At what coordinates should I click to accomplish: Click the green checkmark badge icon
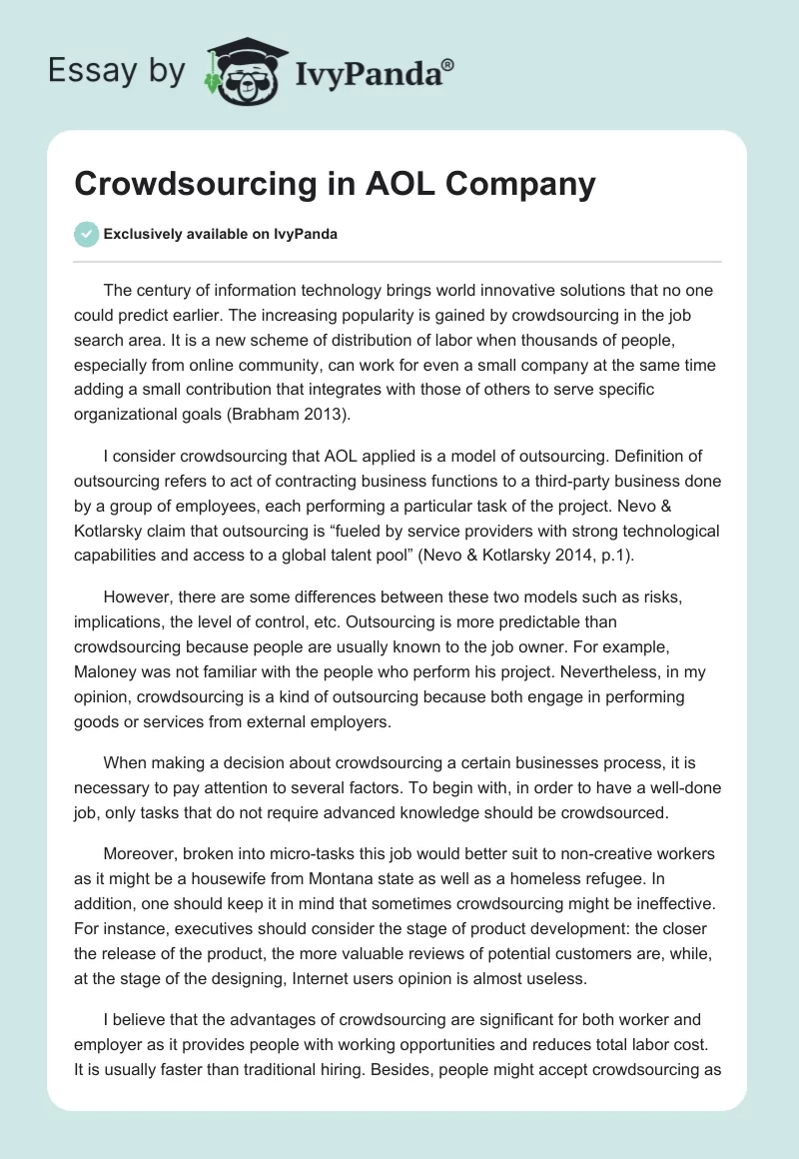[87, 234]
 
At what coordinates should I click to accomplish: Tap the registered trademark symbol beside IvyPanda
[448, 64]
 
